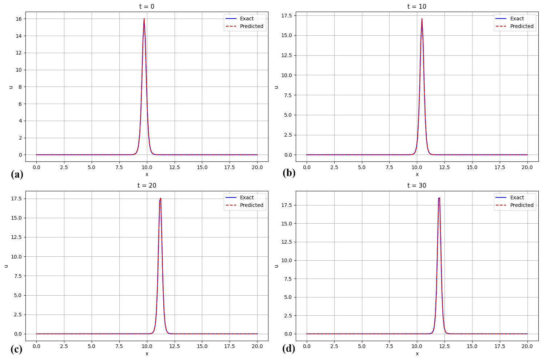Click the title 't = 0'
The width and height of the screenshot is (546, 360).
147,6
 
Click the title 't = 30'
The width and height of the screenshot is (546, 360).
417,185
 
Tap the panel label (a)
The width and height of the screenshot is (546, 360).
17,175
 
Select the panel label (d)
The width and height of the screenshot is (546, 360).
288,349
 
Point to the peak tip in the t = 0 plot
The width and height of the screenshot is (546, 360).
144,19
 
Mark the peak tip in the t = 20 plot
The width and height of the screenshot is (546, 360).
160,198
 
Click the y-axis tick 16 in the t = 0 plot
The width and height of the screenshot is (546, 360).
19,19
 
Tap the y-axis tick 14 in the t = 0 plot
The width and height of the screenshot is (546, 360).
19,36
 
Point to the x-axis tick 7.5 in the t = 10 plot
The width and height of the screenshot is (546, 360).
389,167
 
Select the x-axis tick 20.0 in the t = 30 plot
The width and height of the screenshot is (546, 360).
527,346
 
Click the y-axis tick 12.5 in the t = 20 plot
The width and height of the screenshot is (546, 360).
17,237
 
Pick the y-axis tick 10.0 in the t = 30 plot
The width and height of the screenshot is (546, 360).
287,260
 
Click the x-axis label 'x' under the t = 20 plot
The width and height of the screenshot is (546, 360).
147,353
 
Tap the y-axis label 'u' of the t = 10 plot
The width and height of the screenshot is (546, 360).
276,87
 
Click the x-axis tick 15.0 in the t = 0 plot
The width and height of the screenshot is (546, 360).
202,167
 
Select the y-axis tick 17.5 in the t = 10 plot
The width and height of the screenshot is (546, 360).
287,16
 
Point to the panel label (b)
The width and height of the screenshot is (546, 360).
289,173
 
